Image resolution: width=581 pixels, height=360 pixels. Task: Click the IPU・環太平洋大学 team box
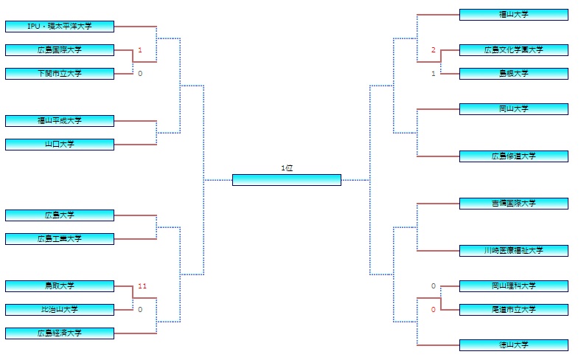pyautogui.click(x=60, y=27)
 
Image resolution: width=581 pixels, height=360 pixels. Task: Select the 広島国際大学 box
pyautogui.click(x=60, y=50)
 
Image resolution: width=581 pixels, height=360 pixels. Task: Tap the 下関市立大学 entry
pyautogui.click(x=60, y=74)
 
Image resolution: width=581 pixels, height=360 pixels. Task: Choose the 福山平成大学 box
pyautogui.click(x=60, y=121)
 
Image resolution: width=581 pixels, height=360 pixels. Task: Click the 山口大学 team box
pyautogui.click(x=60, y=145)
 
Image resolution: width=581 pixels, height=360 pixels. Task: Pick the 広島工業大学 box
pyautogui.click(x=60, y=239)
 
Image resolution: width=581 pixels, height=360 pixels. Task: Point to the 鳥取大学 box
pyautogui.click(x=60, y=286)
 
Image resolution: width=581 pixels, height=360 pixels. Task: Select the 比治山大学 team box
pyautogui.click(x=60, y=310)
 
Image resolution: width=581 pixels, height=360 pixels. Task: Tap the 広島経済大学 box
pyautogui.click(x=60, y=333)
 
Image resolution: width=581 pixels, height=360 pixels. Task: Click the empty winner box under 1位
pyautogui.click(x=287, y=180)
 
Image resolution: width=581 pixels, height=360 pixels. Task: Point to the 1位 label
pyautogui.click(x=287, y=168)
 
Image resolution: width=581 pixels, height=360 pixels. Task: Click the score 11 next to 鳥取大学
pyautogui.click(x=142, y=285)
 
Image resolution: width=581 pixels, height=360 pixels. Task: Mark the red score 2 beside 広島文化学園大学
pyautogui.click(x=434, y=50)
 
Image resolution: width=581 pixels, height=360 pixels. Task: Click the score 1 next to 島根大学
pyautogui.click(x=434, y=74)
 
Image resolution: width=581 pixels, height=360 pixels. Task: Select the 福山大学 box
pyautogui.click(x=514, y=15)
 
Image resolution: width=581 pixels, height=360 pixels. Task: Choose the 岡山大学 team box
pyautogui.click(x=514, y=109)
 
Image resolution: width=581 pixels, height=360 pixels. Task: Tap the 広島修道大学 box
pyautogui.click(x=514, y=156)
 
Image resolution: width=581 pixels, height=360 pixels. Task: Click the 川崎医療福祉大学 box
pyautogui.click(x=514, y=251)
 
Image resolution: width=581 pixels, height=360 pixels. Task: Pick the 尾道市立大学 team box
pyautogui.click(x=514, y=310)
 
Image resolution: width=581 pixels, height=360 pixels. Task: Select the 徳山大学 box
pyautogui.click(x=514, y=345)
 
